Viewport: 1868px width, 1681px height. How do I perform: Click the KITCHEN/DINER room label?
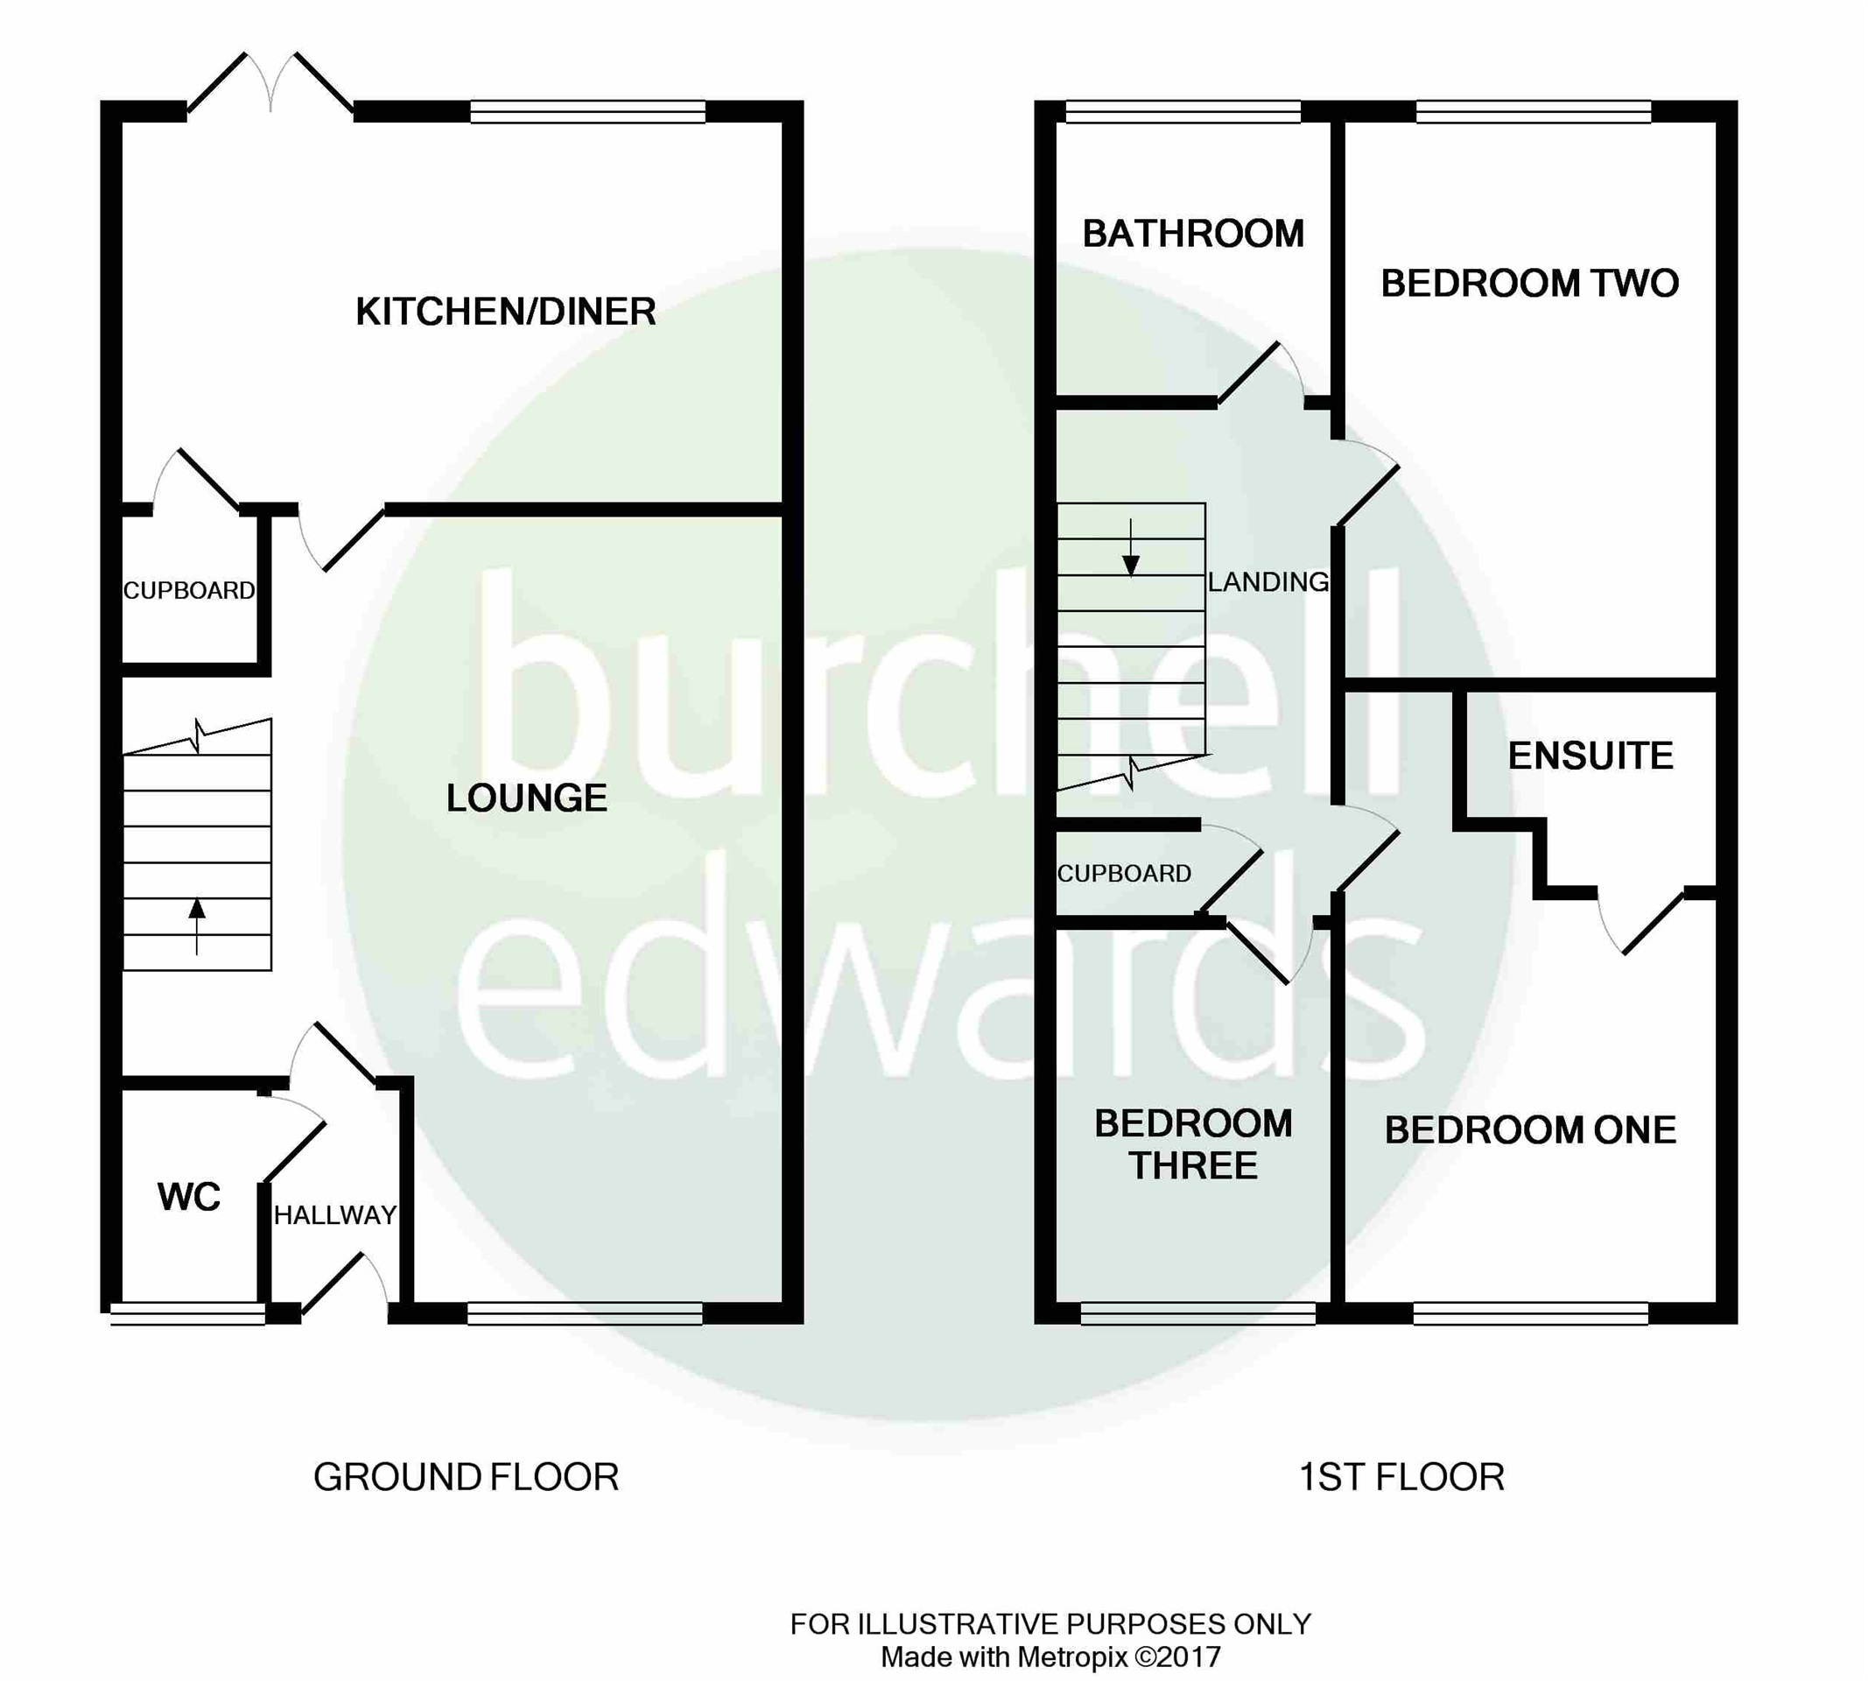click(506, 313)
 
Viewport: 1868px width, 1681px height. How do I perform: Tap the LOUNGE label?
click(527, 798)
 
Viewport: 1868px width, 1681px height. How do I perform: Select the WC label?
click(189, 1197)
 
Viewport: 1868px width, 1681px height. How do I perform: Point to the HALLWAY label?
click(335, 1215)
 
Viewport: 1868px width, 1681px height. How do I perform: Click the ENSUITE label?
click(1591, 756)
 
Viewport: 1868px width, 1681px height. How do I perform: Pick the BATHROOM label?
click(1194, 234)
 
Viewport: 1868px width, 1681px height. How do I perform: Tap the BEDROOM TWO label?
click(1530, 284)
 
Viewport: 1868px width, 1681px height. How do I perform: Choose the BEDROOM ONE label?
click(1531, 1130)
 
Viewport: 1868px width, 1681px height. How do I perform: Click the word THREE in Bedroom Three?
click(1193, 1166)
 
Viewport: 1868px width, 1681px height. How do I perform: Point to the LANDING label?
click(1268, 582)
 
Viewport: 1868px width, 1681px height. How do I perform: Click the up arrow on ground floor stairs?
click(197, 925)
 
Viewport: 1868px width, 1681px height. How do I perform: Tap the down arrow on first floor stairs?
click(1131, 549)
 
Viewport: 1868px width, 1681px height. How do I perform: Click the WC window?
click(188, 1313)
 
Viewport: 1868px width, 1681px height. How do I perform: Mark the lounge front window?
click(586, 1313)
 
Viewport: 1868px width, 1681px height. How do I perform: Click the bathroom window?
click(1183, 112)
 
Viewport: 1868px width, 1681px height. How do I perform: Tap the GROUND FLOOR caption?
click(467, 1478)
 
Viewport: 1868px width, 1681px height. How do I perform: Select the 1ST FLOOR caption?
click(1401, 1478)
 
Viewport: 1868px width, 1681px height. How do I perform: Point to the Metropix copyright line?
click(1050, 1658)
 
